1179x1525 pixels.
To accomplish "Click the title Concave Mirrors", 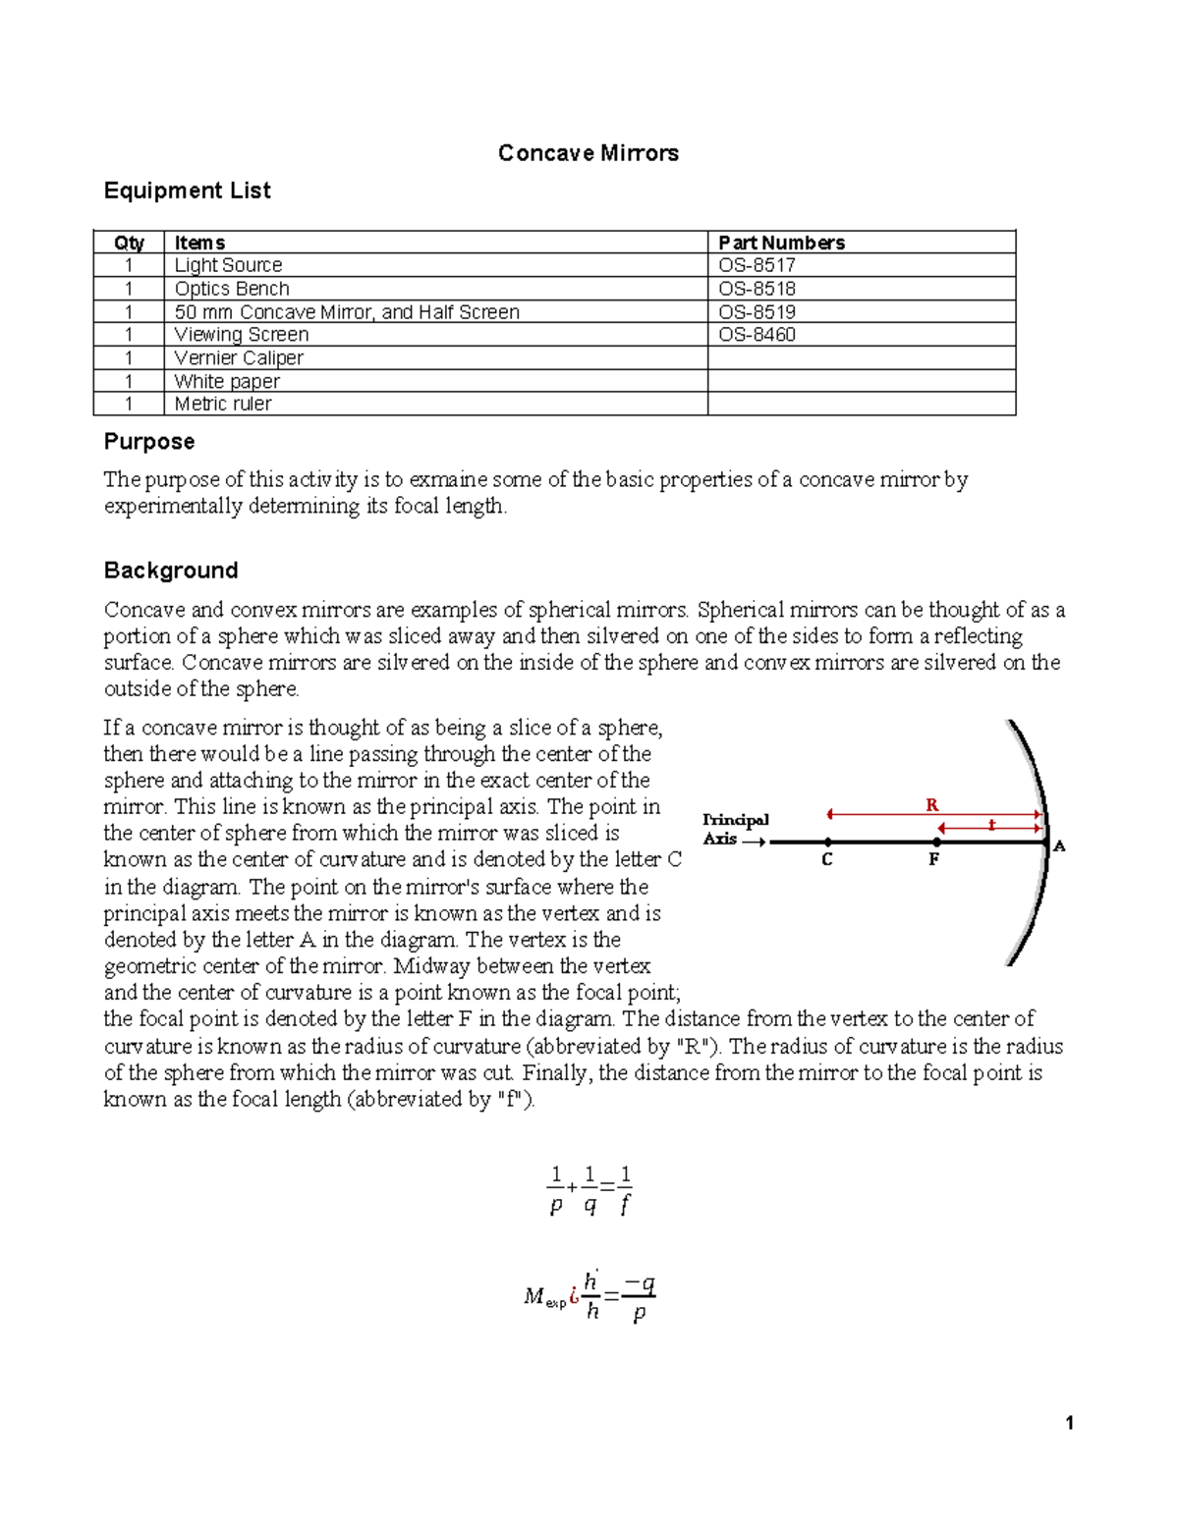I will [x=588, y=153].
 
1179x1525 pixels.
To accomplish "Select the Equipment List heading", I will [x=187, y=191].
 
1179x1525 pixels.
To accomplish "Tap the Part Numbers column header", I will [x=781, y=243].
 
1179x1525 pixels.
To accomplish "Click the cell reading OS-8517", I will [x=757, y=265].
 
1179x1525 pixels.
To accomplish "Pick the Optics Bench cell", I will [x=232, y=289].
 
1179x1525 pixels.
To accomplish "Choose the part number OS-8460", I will [x=757, y=335].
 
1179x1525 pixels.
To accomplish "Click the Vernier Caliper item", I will [x=239, y=358].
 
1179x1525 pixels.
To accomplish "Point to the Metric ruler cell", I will [x=223, y=404].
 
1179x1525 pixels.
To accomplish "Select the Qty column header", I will [x=129, y=243].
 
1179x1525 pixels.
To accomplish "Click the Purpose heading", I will [x=149, y=442].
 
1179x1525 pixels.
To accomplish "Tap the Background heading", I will [x=171, y=571].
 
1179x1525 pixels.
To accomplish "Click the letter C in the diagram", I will [x=827, y=860].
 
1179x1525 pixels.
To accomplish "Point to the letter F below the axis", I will [x=934, y=859].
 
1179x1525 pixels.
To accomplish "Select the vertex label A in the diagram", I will [x=1059, y=845].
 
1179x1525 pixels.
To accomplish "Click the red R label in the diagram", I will [x=932, y=805].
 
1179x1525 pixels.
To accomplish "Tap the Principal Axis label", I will [x=735, y=829].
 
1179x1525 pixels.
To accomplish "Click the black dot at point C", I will [x=828, y=842].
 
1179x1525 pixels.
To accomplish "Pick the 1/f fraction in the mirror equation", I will [x=625, y=1190].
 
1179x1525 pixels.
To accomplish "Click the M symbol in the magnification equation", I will [x=533, y=1297].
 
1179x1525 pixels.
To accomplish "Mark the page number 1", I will [x=1069, y=1424].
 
